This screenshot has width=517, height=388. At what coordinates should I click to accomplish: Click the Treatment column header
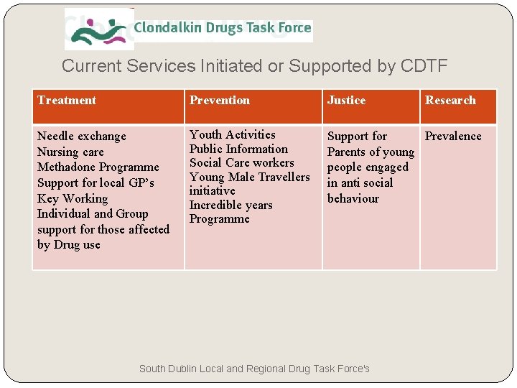pos(67,101)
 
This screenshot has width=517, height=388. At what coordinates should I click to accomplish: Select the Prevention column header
pos(220,101)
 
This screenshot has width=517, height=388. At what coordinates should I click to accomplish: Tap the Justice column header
pos(347,101)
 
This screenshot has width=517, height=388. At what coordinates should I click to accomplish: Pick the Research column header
pos(450,101)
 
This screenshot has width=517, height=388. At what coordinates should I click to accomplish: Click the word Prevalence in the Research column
pos(453,136)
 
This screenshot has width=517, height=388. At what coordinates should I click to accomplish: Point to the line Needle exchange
pos(81,137)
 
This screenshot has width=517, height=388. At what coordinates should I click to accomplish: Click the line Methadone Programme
pos(98,167)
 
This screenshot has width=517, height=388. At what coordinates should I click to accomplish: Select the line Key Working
pos(73,198)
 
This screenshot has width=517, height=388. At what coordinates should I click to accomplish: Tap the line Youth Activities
pos(232,134)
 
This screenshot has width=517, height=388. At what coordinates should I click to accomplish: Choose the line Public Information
pos(238,149)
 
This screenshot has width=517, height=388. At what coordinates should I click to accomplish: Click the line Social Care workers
pos(241,162)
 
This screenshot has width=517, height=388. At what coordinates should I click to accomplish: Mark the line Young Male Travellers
pos(249,177)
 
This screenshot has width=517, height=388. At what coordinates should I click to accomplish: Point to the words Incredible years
pos(230,205)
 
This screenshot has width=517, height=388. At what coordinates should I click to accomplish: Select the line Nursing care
pos(70,152)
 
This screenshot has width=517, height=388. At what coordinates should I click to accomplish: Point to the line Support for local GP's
pos(96,183)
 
